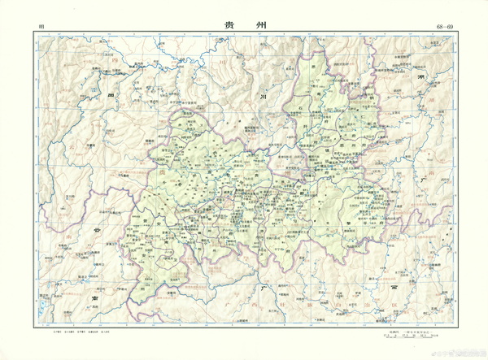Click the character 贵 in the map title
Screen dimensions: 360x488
(230, 25)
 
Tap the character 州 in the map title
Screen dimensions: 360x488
(259, 25)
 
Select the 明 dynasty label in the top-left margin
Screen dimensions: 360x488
(40, 28)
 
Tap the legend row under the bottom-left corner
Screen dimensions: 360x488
(81, 334)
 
